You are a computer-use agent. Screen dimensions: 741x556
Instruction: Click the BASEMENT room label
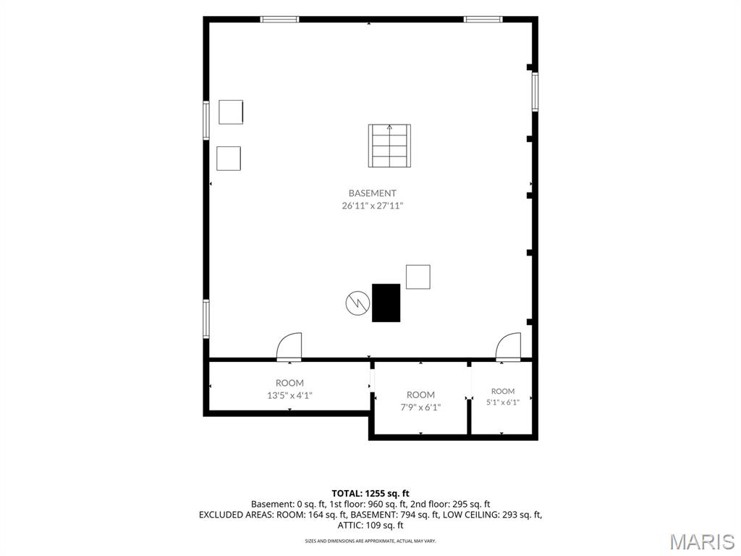(372, 193)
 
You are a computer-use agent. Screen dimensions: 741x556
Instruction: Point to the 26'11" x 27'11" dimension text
(372, 206)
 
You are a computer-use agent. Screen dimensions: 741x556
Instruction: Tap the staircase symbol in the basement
(389, 146)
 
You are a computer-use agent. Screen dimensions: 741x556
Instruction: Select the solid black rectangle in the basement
(386, 303)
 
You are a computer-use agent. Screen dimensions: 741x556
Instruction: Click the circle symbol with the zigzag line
(357, 303)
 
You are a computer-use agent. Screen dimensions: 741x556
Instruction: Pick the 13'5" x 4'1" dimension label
(289, 395)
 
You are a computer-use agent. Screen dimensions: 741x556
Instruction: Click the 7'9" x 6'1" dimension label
(420, 407)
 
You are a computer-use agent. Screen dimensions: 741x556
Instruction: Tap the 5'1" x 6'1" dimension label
(503, 403)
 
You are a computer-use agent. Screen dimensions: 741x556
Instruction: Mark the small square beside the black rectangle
(418, 277)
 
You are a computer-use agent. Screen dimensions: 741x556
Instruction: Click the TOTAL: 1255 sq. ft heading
(370, 494)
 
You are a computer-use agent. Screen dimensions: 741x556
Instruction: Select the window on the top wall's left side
(279, 20)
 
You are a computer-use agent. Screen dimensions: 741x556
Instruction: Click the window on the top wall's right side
(483, 20)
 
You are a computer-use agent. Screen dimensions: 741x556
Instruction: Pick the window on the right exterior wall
(535, 92)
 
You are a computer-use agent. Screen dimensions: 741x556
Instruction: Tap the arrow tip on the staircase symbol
(389, 125)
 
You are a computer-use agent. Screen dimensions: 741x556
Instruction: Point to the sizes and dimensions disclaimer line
(370, 540)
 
